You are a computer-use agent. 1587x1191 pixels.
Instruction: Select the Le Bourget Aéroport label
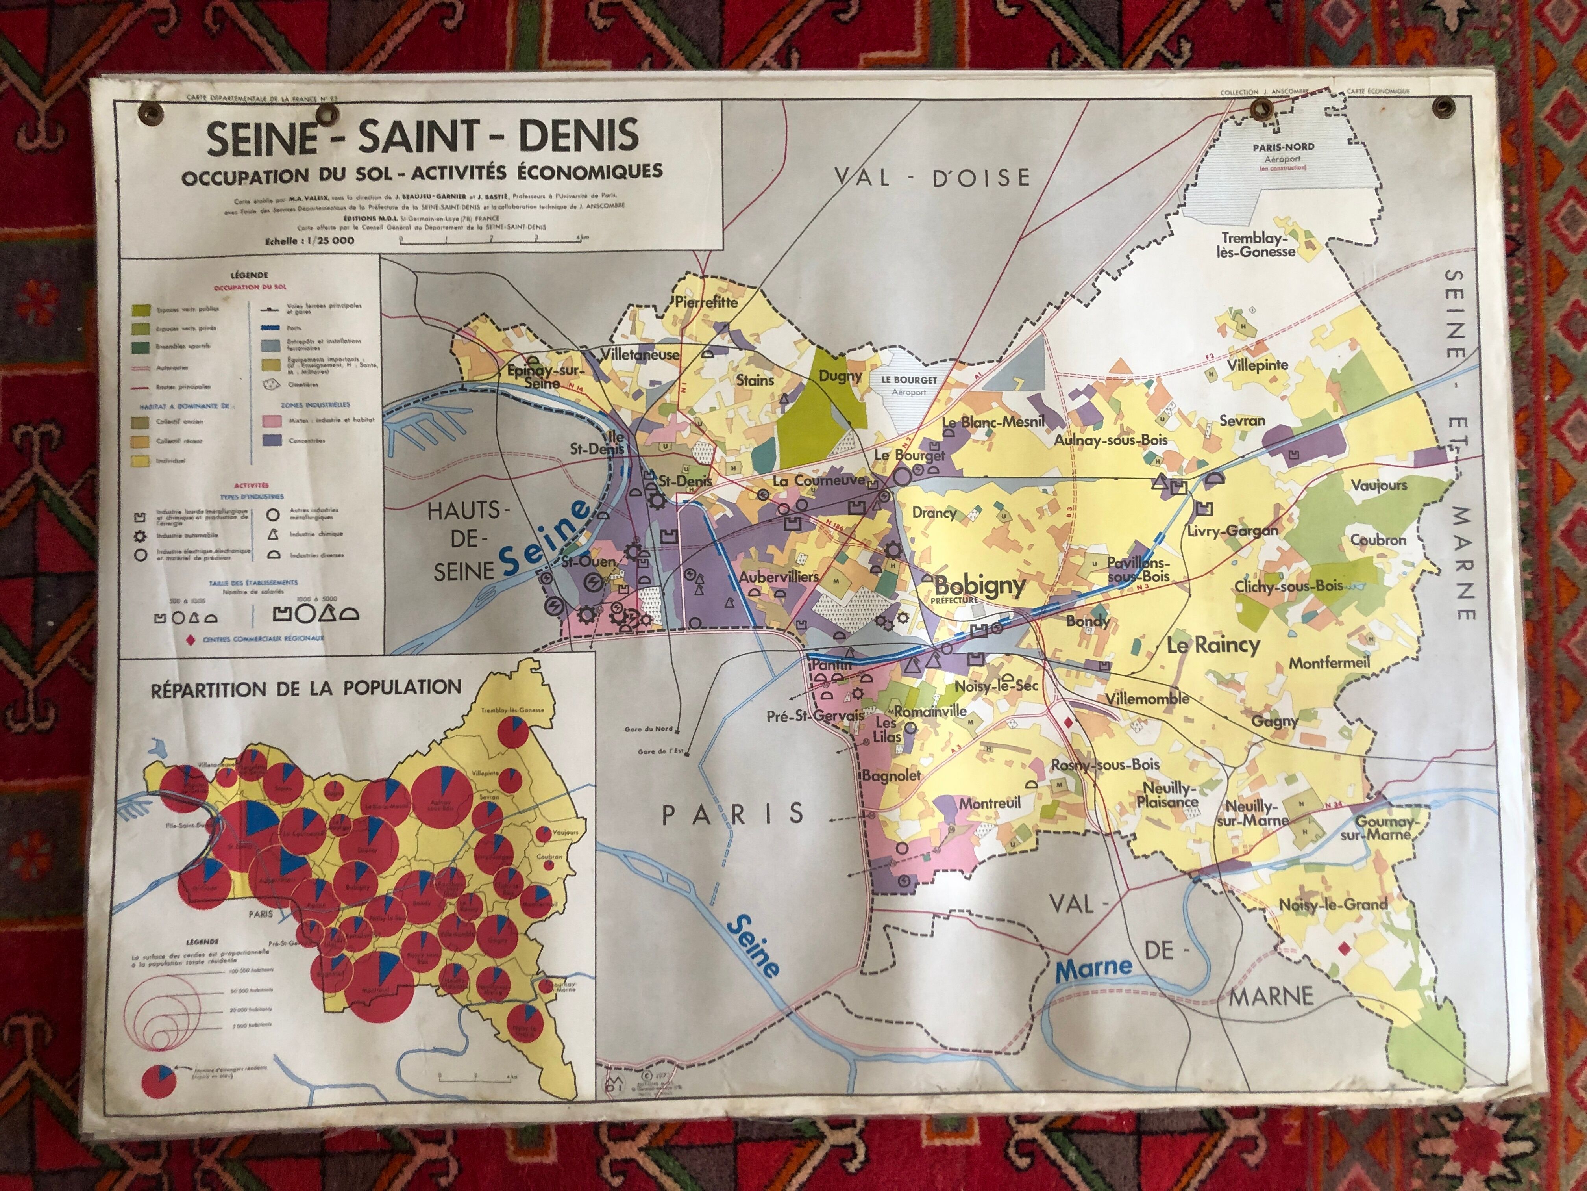pos(909,384)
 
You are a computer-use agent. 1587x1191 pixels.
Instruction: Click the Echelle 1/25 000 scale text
pos(310,241)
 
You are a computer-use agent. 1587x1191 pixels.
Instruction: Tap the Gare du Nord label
pos(648,729)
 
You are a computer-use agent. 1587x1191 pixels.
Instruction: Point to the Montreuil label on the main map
pos(990,803)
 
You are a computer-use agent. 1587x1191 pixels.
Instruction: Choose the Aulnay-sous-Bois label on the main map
pos(1111,440)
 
